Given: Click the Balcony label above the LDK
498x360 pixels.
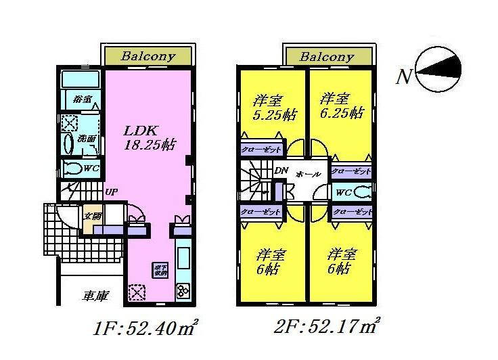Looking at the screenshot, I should point(148,57).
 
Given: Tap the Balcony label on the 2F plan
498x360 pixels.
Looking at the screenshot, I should point(327,57).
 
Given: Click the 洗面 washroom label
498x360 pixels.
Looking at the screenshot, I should point(86,138).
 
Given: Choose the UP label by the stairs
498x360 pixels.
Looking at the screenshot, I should point(112,192).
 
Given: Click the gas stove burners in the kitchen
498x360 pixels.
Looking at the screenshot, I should point(183,291).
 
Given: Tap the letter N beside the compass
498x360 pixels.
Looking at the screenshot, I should point(404,76).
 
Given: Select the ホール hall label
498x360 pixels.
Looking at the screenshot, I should point(309,174).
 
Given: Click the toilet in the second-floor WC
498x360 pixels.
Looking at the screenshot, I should point(363,192).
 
